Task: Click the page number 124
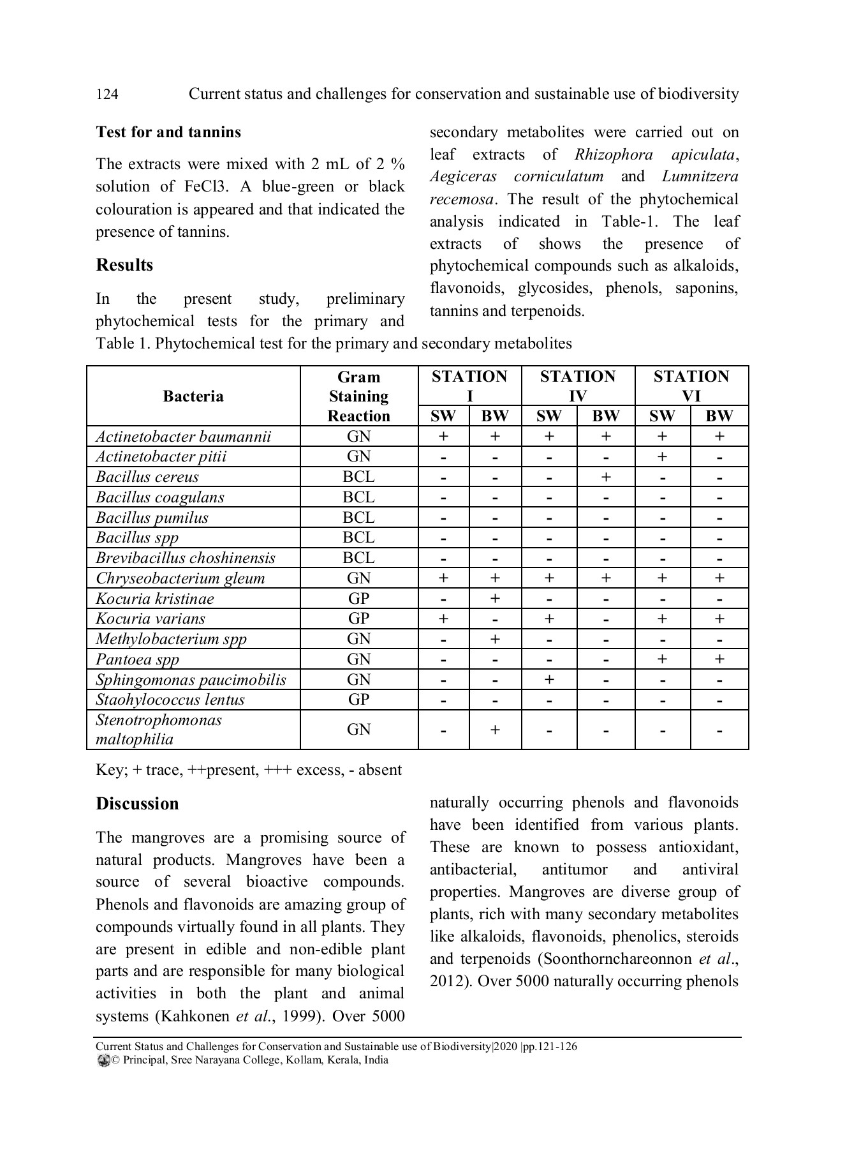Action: tap(107, 94)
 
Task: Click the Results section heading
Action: tap(124, 265)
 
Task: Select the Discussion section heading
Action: tap(137, 804)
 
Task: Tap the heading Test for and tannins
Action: tap(168, 132)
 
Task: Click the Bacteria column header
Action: tap(193, 396)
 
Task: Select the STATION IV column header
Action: tap(578, 386)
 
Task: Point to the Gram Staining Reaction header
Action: tap(358, 396)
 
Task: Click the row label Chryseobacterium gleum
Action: tap(180, 578)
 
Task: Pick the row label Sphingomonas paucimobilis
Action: tap(191, 680)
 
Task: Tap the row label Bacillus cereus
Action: tap(147, 477)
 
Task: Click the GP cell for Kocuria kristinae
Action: tap(358, 599)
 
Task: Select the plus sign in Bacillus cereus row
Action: tap(605, 477)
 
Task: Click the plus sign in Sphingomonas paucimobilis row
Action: tap(548, 680)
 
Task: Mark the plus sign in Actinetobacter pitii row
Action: tap(662, 457)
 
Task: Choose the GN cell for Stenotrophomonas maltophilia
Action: tap(358, 730)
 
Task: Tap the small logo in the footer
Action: tap(103, 1061)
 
